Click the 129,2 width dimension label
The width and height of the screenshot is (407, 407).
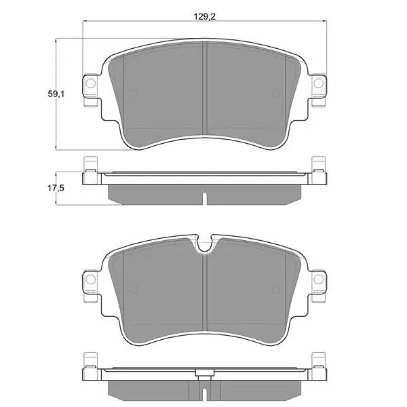coord(205,17)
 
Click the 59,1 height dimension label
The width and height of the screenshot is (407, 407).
coord(56,94)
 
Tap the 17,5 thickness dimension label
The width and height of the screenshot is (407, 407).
coord(56,188)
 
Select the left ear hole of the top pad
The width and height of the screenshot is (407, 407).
coord(91,83)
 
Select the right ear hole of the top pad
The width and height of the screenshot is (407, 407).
coord(319,83)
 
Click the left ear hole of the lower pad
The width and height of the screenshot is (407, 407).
coord(91,279)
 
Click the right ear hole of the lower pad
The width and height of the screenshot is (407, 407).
coord(319,279)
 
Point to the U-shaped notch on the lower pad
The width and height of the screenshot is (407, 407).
coord(205,244)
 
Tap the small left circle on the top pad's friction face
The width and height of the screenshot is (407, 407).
coord(134,94)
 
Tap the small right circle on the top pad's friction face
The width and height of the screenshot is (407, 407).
coord(275,94)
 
